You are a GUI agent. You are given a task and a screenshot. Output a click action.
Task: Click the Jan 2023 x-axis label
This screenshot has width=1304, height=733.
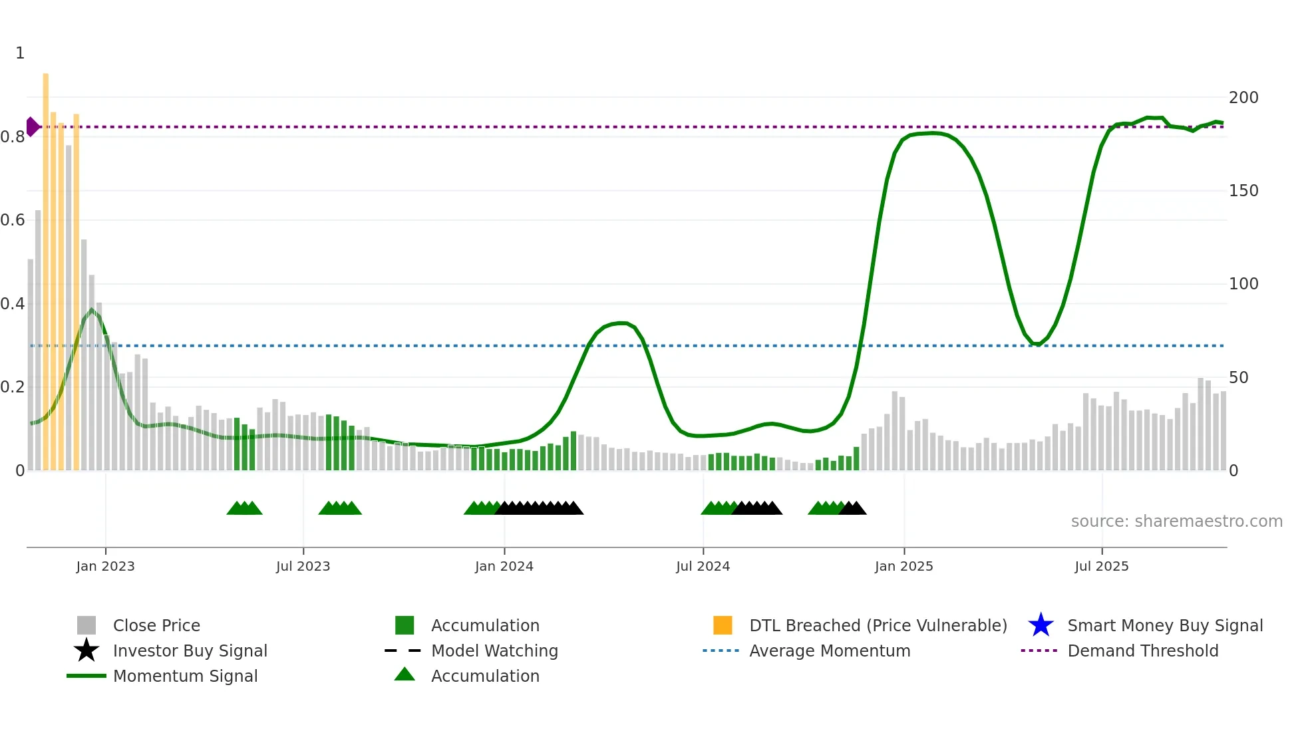click(105, 566)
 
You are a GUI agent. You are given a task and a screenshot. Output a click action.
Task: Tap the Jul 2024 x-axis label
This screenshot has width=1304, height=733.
click(703, 566)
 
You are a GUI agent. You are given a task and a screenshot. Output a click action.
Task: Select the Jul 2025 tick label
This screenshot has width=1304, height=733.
click(1101, 566)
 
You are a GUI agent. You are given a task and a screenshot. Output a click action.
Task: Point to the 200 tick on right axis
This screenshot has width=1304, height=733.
click(1243, 98)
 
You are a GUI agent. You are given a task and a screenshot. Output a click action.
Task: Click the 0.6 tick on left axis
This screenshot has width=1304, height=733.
click(13, 220)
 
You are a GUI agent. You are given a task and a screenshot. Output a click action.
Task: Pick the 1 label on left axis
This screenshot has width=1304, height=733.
click(20, 53)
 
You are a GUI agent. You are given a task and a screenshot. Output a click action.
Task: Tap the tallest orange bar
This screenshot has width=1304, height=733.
click(46, 266)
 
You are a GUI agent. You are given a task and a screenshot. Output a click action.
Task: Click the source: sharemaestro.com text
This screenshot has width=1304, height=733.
click(1176, 521)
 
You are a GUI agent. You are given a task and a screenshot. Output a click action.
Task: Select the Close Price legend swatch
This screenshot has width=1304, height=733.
click(86, 625)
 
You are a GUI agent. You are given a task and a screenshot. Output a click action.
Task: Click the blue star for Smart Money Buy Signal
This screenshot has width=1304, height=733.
click(1041, 625)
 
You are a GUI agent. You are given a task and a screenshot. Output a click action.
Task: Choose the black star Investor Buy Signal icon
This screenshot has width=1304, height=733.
click(86, 651)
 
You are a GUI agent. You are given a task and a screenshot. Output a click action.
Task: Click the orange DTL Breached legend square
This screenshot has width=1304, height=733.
click(723, 625)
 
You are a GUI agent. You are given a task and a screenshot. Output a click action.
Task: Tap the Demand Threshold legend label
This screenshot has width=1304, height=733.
click(1142, 651)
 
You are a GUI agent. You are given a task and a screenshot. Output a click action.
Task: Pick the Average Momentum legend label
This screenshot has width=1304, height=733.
click(829, 651)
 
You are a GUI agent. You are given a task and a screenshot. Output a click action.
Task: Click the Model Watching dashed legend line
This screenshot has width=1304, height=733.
click(403, 651)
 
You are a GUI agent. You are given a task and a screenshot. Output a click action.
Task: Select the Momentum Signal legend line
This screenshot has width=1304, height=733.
click(86, 676)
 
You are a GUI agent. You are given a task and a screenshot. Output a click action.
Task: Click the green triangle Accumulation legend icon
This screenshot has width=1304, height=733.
click(405, 675)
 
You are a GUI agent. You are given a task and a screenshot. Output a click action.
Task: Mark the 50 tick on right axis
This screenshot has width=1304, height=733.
click(1238, 378)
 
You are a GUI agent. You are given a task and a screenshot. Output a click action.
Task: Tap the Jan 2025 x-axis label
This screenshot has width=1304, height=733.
click(903, 566)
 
